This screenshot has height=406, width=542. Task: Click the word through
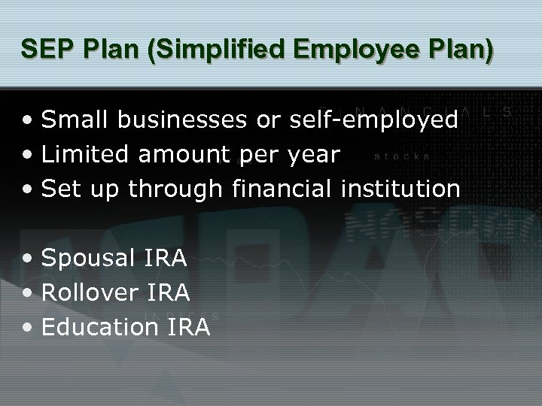176,189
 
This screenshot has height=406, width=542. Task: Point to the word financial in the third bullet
282,189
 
